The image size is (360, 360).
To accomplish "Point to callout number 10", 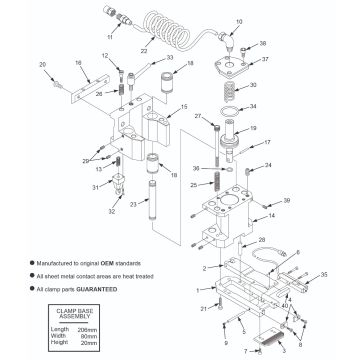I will [x=238, y=20].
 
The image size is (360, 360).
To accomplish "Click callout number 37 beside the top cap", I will [x=265, y=60].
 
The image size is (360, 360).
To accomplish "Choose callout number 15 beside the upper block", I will [x=183, y=106].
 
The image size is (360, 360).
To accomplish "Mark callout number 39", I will [x=287, y=202].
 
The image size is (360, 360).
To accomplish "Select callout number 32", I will [x=113, y=211].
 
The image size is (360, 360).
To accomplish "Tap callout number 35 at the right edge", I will [x=324, y=272].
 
